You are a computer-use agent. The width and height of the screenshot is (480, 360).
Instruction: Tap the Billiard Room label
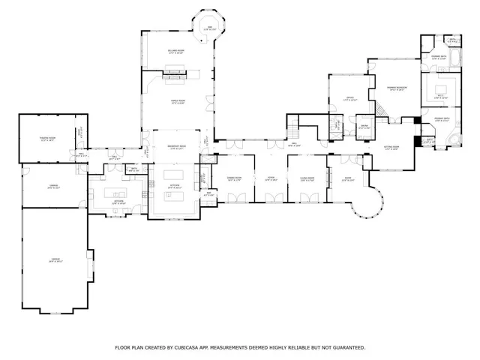click(x=177, y=52)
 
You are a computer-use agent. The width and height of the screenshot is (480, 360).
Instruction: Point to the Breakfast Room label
click(x=177, y=148)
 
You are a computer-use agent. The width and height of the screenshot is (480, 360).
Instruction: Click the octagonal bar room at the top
click(x=200, y=28)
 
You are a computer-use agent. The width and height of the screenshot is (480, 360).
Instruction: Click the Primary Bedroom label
click(x=397, y=88)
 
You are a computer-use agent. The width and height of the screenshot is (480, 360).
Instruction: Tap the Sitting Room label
click(x=391, y=147)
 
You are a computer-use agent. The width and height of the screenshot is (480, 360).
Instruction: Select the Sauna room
click(x=364, y=127)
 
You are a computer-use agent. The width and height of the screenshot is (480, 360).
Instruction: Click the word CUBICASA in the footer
click(x=196, y=347)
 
